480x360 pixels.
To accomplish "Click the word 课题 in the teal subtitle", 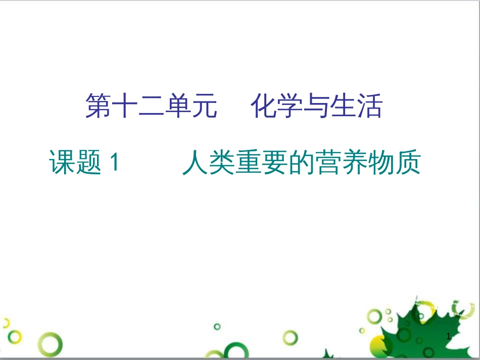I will coord(75,163).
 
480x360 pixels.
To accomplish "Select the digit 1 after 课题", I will coord(114,163).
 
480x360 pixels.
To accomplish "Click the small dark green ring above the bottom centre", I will coord(217,327).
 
